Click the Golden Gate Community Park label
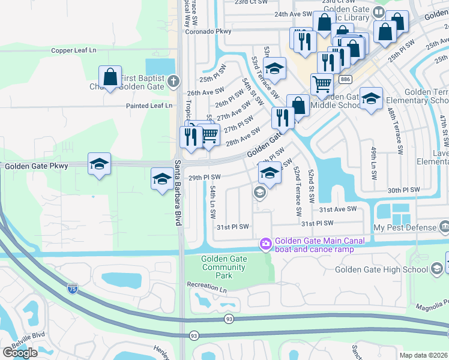click(x=216, y=267)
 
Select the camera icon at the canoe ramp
click(x=265, y=244)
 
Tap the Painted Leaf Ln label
click(x=149, y=106)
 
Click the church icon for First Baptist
click(x=173, y=80)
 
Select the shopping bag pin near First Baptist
click(x=110, y=77)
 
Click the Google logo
click(x=19, y=352)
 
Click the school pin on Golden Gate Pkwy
click(x=99, y=164)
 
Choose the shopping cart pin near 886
click(x=322, y=85)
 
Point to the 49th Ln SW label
click(x=373, y=157)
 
